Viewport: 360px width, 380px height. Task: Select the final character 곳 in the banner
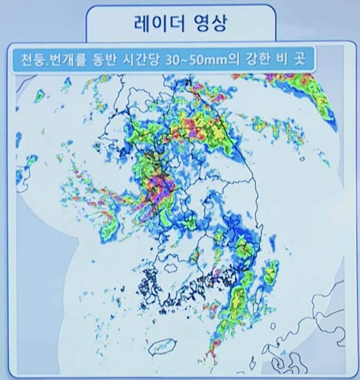coord(304,59)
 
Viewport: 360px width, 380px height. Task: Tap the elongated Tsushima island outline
coord(259,295)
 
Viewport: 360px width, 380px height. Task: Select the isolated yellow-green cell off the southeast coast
coord(271,272)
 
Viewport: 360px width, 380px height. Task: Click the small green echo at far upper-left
coord(39,96)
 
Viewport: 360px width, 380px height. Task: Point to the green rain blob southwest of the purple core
coord(110,229)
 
